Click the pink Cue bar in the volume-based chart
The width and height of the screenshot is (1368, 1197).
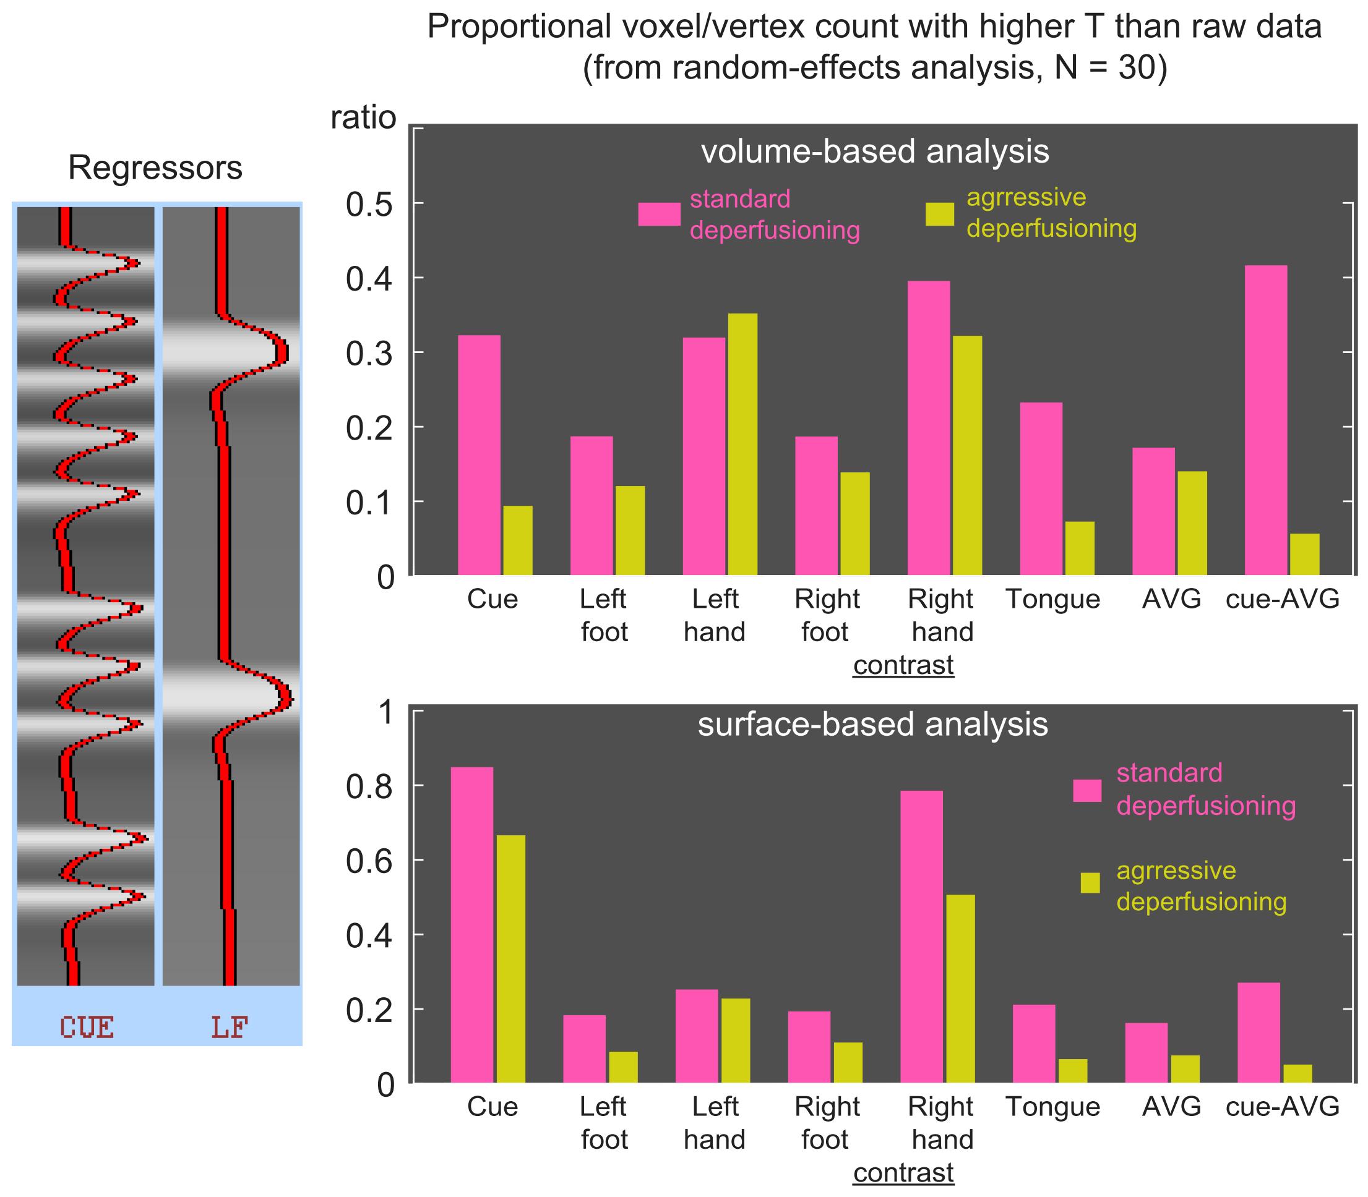(x=478, y=455)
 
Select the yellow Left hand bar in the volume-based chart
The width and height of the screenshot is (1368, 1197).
(x=742, y=444)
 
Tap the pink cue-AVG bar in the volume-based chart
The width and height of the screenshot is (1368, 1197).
(x=1266, y=420)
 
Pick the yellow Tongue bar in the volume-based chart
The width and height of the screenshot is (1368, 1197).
(x=1079, y=548)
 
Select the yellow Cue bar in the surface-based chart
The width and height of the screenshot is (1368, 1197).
(x=510, y=958)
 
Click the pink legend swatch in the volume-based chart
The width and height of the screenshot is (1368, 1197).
(x=658, y=215)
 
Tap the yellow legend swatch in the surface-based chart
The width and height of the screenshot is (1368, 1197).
(x=1090, y=882)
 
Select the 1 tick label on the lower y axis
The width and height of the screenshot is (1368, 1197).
(x=386, y=714)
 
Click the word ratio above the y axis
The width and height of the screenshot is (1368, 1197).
(x=364, y=118)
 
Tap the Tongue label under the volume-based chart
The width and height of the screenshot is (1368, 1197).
(x=1052, y=599)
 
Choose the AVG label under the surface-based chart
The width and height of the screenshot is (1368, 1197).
(x=1171, y=1107)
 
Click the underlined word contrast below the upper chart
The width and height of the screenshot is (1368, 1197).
(x=903, y=665)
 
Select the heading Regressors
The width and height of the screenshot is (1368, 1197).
(x=155, y=168)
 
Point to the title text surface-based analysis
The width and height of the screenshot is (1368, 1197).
(x=873, y=725)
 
